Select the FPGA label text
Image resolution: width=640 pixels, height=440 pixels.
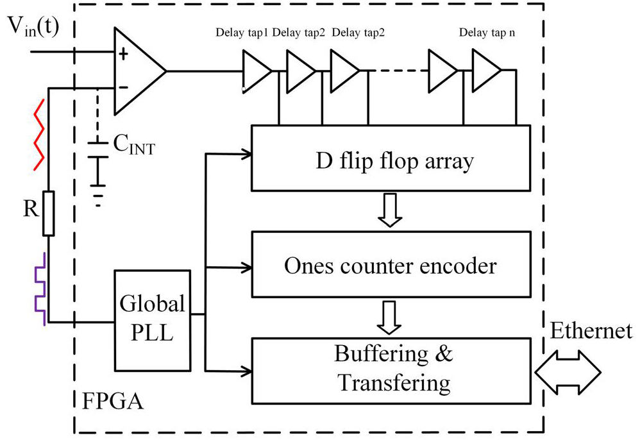tap(112, 403)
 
